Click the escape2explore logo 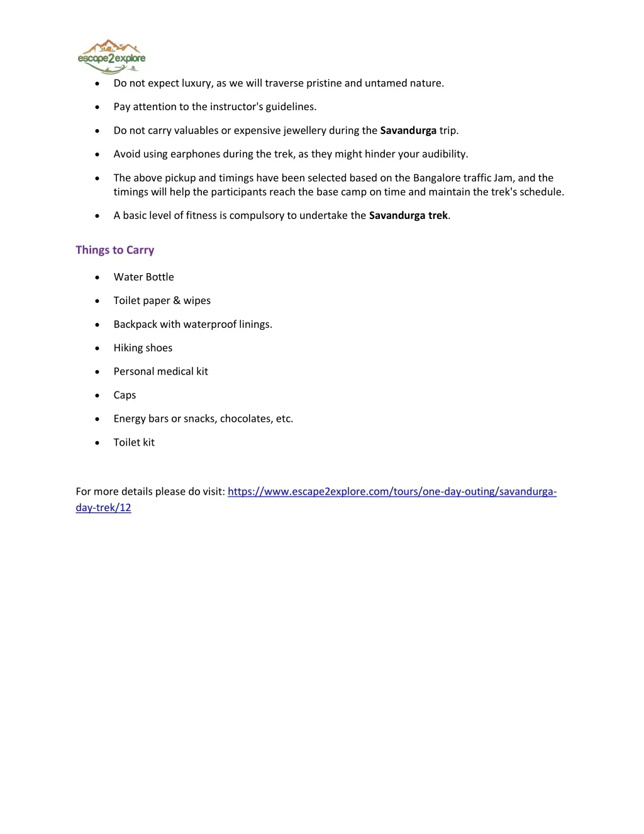coord(111,57)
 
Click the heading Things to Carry coord(114,250)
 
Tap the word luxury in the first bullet coord(196,83)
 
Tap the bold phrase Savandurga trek coord(408,215)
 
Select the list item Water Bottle coord(143,277)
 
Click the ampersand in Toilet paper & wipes coord(177,301)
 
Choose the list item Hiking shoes coord(143,348)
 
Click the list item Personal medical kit coord(160,371)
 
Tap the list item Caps coord(125,395)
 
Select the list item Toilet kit coord(134,442)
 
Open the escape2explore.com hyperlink coord(392,492)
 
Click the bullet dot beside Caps coord(97,396)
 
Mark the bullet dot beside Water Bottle coord(97,278)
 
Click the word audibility coord(445,154)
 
